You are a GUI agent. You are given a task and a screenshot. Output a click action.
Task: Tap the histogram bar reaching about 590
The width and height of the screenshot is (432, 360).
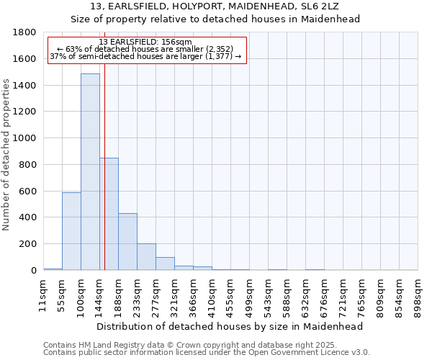[x=71, y=231]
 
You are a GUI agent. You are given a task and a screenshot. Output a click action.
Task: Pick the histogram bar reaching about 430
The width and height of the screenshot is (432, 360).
[x=127, y=242]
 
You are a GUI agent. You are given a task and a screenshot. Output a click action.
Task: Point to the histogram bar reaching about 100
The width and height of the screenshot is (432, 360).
[x=165, y=264]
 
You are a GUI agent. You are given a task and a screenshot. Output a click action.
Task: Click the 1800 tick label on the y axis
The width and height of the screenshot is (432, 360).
[x=24, y=32]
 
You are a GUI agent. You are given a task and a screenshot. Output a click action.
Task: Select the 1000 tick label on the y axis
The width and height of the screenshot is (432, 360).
[x=24, y=138]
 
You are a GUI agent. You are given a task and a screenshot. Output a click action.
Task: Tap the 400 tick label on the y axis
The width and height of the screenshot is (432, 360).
[x=27, y=217]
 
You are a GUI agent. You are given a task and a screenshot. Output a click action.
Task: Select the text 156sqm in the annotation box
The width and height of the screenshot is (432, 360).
[x=176, y=42]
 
